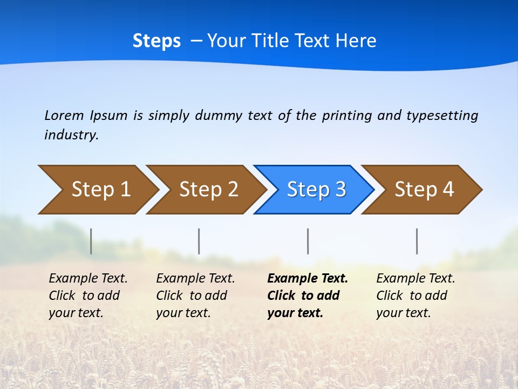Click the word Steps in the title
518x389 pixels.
[156, 41]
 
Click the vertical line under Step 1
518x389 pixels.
[91, 241]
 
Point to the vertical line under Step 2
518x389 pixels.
[199, 241]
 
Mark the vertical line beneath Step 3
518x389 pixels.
[308, 241]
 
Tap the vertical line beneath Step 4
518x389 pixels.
[417, 241]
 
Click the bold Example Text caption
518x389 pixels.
[307, 296]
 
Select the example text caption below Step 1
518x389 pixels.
[88, 296]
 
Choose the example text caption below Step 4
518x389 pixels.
[415, 296]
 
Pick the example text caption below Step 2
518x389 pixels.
[195, 296]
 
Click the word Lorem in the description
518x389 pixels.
[64, 116]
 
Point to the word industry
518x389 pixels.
[71, 135]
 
